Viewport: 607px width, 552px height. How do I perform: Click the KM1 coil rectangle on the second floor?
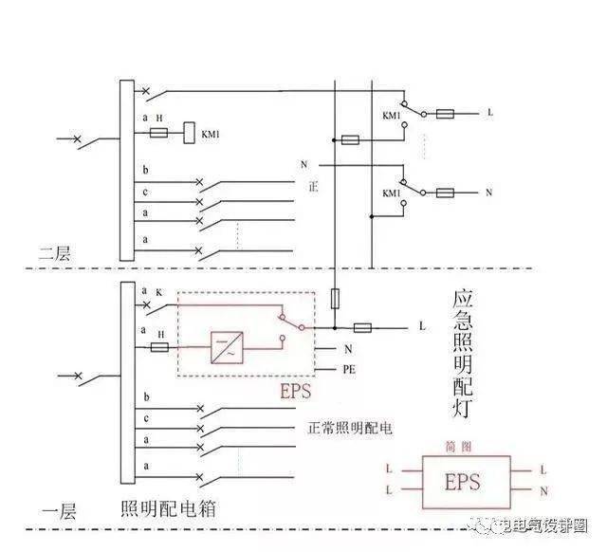tap(188, 134)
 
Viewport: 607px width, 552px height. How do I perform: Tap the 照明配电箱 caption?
tap(168, 510)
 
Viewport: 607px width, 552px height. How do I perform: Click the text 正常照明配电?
tap(350, 427)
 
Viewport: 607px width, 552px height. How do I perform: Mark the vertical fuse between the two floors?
tap(334, 300)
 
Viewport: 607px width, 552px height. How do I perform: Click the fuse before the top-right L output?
tap(444, 113)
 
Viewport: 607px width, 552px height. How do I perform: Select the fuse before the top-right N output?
tap(444, 193)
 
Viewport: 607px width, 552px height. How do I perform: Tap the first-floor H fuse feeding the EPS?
tap(160, 348)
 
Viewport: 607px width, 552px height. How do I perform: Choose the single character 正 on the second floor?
tap(313, 187)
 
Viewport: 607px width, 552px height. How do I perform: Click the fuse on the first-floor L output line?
tap(361, 327)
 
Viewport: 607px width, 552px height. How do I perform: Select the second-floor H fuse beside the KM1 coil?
tap(160, 134)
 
